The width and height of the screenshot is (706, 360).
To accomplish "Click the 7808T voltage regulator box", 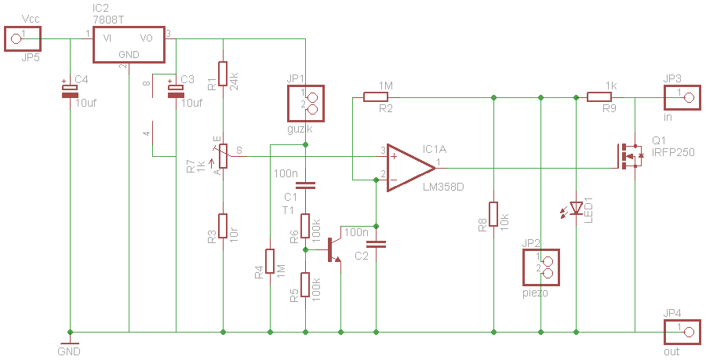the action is click(129, 45).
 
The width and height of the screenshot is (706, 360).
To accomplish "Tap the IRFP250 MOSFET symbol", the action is click(629, 156).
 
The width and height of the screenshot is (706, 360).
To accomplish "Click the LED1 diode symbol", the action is click(577, 208).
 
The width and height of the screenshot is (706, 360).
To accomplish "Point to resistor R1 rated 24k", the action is click(223, 74).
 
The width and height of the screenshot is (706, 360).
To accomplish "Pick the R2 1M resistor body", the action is click(376, 96).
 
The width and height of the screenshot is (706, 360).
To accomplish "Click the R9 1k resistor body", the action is click(599, 96).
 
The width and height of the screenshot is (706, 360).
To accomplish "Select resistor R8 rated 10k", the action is click(493, 214).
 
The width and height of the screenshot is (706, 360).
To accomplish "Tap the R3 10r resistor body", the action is click(223, 226).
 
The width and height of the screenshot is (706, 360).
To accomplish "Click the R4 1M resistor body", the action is click(270, 261).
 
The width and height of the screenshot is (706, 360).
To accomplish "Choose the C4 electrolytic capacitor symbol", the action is click(70, 91).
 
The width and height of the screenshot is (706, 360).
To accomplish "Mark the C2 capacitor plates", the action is click(376, 245).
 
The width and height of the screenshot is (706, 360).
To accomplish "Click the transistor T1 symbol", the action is click(333, 249).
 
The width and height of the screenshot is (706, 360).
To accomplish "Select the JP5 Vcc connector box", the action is click(23, 38).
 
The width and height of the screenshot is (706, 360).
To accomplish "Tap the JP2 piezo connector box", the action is click(541, 267).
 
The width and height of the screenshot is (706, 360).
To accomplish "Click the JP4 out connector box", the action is click(682, 332).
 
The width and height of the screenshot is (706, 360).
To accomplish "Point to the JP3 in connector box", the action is click(682, 96).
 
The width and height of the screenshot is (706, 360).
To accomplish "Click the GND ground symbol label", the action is click(69, 351).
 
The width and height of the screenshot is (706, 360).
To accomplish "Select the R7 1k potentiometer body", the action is click(223, 156).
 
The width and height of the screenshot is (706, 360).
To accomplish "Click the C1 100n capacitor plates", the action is click(305, 185).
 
